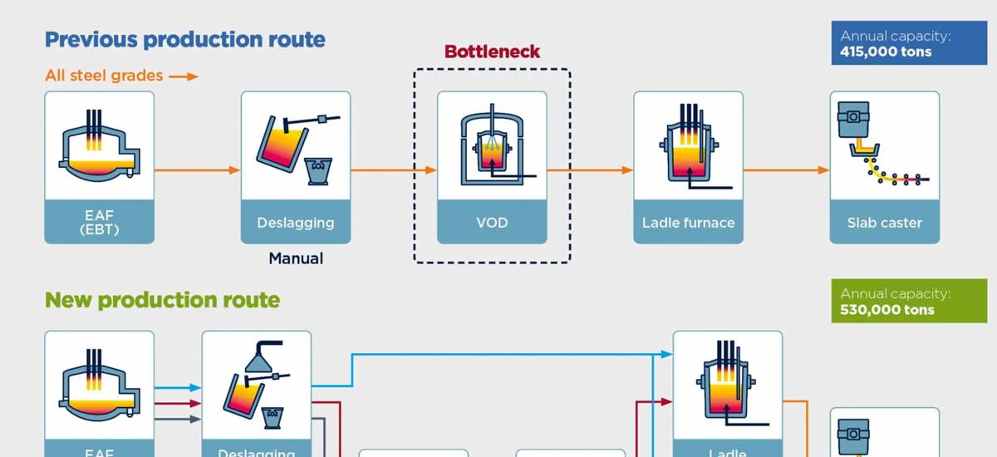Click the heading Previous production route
click(184, 39)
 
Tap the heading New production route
click(162, 299)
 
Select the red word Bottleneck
click(492, 52)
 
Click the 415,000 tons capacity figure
click(886, 52)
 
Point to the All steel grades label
click(104, 76)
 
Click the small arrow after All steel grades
click(184, 76)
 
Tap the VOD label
click(492, 223)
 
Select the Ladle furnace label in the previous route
click(688, 223)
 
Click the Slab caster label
click(884, 223)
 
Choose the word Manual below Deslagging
click(296, 258)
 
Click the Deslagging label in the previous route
click(296, 223)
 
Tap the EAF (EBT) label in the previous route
click(99, 223)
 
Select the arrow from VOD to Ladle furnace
click(590, 170)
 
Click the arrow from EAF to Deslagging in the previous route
click(198, 170)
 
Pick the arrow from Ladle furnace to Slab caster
click(786, 170)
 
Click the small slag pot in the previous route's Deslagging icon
click(317, 170)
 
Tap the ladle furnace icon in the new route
click(727, 386)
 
